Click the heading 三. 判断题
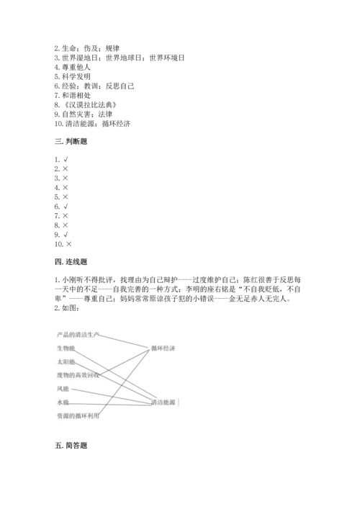pos(70,142)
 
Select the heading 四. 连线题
pos(70,261)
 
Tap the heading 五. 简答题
pos(70,446)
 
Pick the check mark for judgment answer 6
pos(66,206)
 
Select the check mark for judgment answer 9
pos(66,234)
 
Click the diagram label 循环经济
pos(164,348)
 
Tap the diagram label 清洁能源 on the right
pos(164,402)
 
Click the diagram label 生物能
pos(66,348)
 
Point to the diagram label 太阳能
pos(66,361)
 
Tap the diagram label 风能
pos(63,389)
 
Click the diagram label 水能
pos(63,402)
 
